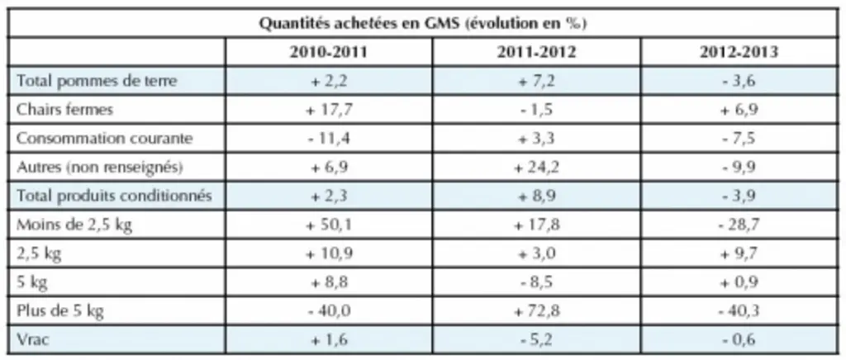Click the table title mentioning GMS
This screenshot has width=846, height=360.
(423, 24)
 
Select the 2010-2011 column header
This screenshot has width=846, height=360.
(329, 52)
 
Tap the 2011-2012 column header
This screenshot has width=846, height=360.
(536, 52)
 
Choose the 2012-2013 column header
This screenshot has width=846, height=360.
(739, 52)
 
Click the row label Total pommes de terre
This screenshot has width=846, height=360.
(97, 81)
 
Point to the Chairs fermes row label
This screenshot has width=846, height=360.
(64, 109)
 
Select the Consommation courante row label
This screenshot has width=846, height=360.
(104, 139)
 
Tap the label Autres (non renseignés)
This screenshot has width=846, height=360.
(100, 168)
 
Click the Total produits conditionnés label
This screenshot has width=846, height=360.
(114, 197)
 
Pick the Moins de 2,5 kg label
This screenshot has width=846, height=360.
(74, 225)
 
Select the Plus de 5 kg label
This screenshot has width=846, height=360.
(59, 311)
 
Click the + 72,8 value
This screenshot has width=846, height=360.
(536, 311)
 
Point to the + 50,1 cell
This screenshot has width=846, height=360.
(329, 225)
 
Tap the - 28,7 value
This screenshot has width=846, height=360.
(739, 225)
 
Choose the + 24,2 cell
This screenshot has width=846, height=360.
(536, 168)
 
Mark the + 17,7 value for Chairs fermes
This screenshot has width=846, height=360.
(329, 109)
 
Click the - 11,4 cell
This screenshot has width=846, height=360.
(329, 139)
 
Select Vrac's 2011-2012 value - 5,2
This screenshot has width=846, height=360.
(536, 340)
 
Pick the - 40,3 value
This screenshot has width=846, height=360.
(739, 311)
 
